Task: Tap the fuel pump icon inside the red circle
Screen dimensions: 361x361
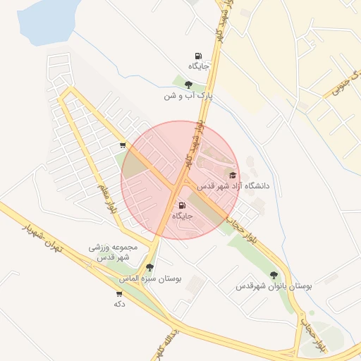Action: pos(183,205)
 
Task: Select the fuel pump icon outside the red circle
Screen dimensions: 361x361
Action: pos(198,56)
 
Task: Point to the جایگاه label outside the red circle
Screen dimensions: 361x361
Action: pos(197,67)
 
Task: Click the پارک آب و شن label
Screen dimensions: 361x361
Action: pos(188,94)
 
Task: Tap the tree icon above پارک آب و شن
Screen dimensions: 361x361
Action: pos(188,84)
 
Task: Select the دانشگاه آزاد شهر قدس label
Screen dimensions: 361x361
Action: pos(233,186)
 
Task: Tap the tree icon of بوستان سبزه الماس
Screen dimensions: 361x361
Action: pos(149,268)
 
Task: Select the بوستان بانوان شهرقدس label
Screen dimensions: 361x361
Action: pos(274,286)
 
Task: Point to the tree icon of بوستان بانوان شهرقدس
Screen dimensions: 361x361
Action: pos(274,276)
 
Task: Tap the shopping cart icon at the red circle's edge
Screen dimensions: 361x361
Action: pos(123,145)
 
